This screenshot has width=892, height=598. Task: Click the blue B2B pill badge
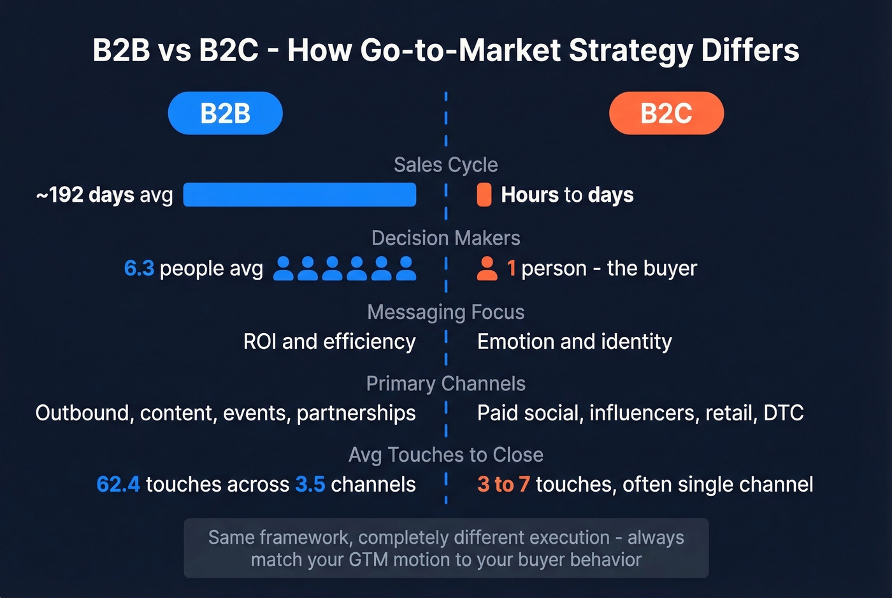coord(225,113)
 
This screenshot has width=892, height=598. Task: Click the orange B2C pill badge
coord(666,113)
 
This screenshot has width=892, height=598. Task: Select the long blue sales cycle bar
coord(299,195)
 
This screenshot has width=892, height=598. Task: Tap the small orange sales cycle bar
coord(484,195)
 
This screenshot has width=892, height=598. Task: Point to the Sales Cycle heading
coord(445,165)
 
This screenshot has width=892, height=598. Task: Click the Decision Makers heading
coord(445,238)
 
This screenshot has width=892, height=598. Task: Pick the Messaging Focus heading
coord(445,312)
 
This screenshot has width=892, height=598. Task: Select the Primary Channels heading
coord(445,383)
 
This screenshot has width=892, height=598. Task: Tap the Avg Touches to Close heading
coord(445,455)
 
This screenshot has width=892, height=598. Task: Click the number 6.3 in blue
coord(139,268)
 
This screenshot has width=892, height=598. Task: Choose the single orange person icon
coord(487,268)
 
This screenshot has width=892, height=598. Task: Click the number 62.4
coord(118,485)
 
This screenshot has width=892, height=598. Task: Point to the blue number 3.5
coord(310,485)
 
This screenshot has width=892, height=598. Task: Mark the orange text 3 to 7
coord(503,485)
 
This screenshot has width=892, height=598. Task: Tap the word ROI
coord(260,342)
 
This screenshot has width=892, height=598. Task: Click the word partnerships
coord(356,413)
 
